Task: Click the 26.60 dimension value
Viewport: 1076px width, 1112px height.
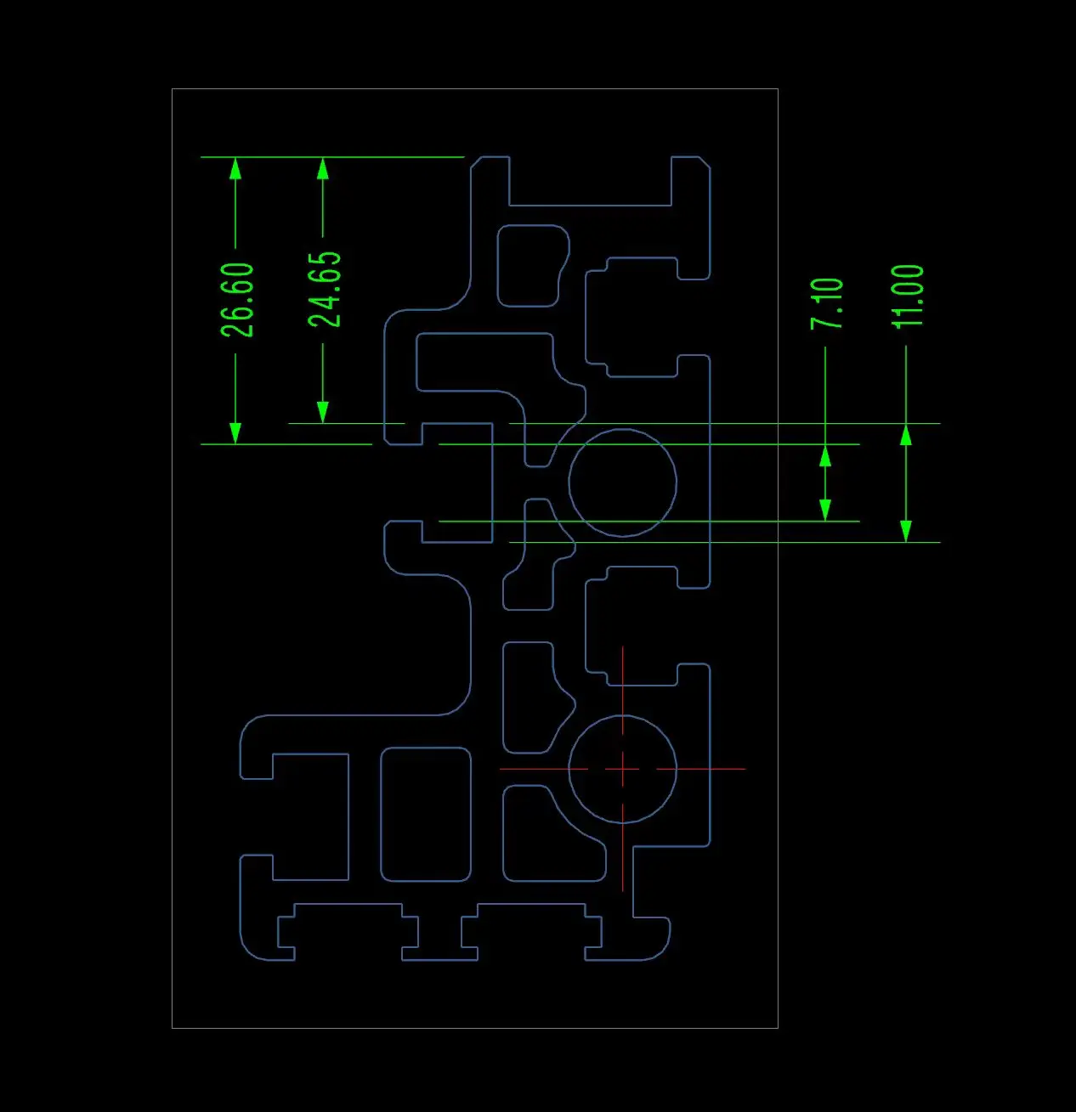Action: tap(237, 300)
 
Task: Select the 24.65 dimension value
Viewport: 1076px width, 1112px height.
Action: tap(325, 289)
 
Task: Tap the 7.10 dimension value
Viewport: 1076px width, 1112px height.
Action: tap(827, 303)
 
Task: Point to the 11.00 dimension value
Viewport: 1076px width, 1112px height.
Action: tap(908, 296)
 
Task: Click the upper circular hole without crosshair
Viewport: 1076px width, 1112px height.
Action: tap(622, 483)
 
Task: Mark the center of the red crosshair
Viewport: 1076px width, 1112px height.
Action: tap(622, 769)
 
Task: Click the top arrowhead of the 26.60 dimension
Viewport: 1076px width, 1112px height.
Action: tap(235, 168)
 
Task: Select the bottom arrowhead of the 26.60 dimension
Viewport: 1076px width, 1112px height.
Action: tap(235, 432)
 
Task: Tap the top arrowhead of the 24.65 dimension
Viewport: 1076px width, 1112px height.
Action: tap(323, 168)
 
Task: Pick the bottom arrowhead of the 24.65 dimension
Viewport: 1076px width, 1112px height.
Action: tap(323, 412)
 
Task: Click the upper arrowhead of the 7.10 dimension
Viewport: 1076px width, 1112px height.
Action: tap(824, 456)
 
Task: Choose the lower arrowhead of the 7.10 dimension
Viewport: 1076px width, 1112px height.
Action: tap(824, 509)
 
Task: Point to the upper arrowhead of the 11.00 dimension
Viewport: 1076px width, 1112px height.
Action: tap(906, 435)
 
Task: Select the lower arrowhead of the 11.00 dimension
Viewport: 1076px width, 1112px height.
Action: tap(906, 530)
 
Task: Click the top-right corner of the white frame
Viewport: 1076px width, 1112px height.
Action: tap(778, 88)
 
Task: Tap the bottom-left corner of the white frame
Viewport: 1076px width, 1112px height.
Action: tap(172, 1028)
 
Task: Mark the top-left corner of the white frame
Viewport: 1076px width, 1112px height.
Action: tap(172, 88)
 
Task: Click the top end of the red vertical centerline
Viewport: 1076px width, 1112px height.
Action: tap(622, 647)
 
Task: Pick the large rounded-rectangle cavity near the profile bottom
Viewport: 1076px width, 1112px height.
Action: tap(425, 814)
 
